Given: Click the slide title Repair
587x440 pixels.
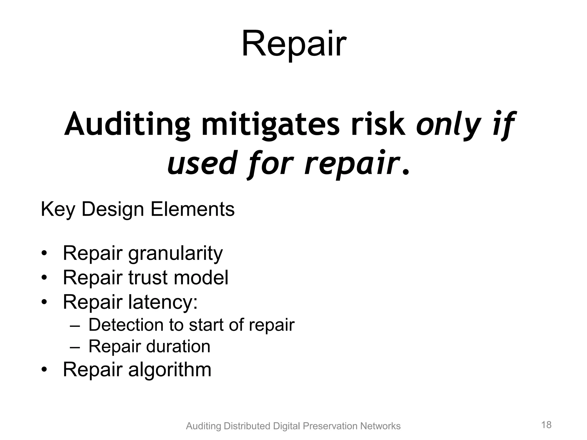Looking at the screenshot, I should [x=294, y=45].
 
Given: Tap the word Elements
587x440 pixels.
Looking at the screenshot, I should [x=192, y=209].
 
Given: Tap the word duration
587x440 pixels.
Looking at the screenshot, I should [x=178, y=346].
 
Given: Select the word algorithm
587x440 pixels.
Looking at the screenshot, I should [x=169, y=370].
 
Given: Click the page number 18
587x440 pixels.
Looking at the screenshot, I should [x=546, y=425].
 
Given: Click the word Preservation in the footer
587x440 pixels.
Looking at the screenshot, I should [x=330, y=426].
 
